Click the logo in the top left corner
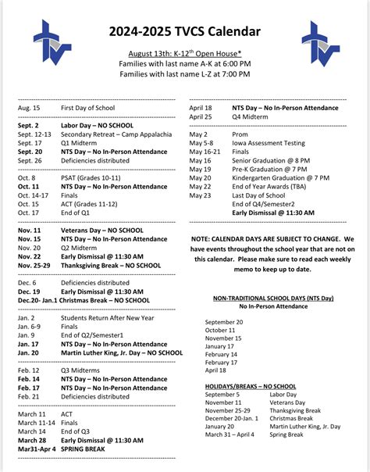pos(52,44)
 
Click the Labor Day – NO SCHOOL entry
pos(99,125)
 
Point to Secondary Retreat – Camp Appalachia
pos(116,134)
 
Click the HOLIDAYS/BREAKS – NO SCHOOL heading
pos(251,386)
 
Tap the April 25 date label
pos(201,116)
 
